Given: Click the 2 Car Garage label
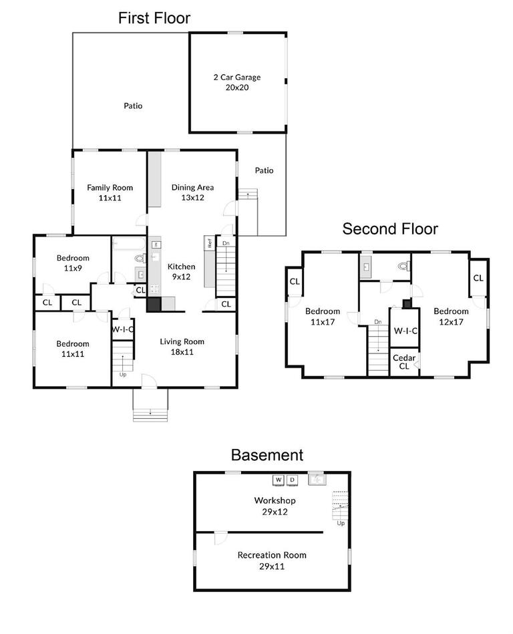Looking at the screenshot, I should [x=236, y=82].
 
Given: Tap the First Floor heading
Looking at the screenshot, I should [x=154, y=18].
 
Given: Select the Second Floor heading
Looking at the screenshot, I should [x=390, y=229].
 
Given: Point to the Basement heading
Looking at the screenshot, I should [x=267, y=455].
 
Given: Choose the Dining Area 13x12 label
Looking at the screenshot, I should [x=192, y=192].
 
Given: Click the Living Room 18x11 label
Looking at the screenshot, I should [x=182, y=346].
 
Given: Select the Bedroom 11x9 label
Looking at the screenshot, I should [x=73, y=263].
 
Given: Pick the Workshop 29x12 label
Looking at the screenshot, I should [x=275, y=505].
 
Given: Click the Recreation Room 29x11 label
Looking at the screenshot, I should [x=272, y=560].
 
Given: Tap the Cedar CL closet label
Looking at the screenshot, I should [x=404, y=362].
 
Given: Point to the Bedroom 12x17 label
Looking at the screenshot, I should [x=451, y=316].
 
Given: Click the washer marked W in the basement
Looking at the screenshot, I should [x=279, y=480].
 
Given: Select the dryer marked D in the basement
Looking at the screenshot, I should [x=292, y=480].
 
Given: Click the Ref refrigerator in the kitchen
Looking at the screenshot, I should [x=209, y=243].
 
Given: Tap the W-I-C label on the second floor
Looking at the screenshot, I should [x=405, y=331].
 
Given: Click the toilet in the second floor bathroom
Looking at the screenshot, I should [x=402, y=266].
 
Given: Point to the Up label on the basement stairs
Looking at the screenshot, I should [x=340, y=522].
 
